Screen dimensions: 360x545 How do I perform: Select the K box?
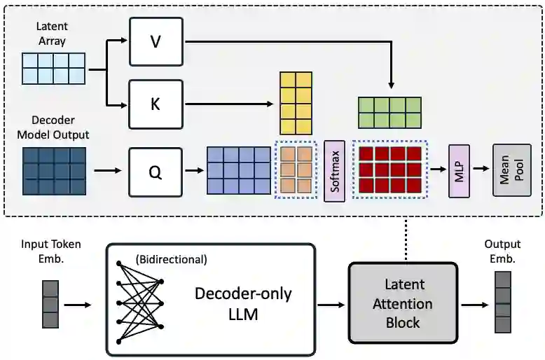[156, 104]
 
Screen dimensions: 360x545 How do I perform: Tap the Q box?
[156, 172]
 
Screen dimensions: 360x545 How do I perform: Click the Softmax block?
[335, 169]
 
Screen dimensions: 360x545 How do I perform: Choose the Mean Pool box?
[512, 169]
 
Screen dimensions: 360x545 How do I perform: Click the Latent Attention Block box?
[403, 303]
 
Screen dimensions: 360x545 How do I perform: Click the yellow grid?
[295, 104]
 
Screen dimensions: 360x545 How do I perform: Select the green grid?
[389, 112]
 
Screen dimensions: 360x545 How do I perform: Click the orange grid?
[296, 169]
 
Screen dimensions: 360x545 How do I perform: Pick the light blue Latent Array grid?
[53, 68]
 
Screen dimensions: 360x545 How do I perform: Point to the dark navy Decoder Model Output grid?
[54, 170]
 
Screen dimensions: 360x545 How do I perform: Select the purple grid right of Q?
[238, 169]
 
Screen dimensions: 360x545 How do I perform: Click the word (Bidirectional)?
[172, 259]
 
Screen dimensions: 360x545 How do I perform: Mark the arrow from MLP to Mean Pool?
[481, 169]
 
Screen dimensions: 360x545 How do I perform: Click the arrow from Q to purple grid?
[194, 170]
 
